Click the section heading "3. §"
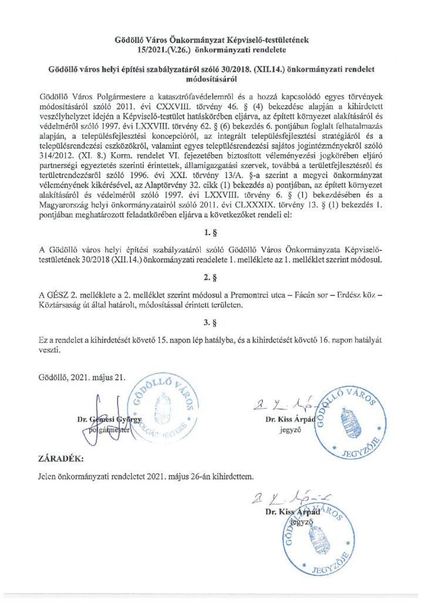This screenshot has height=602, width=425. pyautogui.click(x=212, y=322)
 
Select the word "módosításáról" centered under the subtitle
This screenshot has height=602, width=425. pyautogui.click(x=212, y=77)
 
